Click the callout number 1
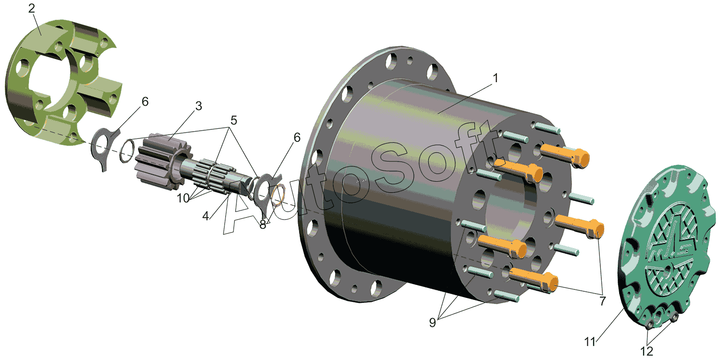pos(496,78)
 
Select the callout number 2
pos(31,8)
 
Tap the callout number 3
pos(199,106)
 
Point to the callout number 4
pos(205,216)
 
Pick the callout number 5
pos(234,120)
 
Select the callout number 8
pos(262,224)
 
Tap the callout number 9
pos(432,322)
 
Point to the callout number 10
pos(183,198)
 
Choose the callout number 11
pos(590,342)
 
